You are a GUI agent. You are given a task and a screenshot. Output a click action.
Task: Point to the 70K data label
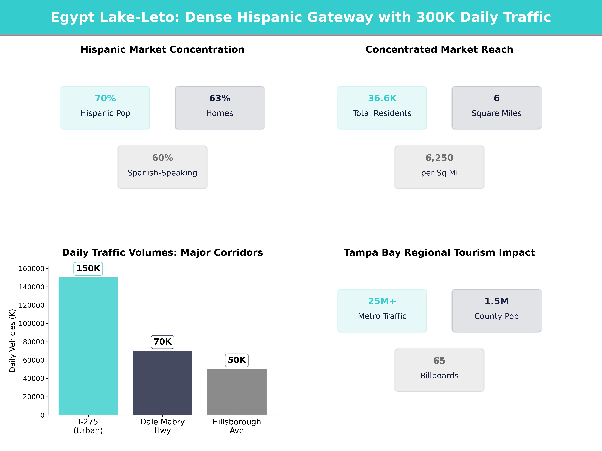(x=162, y=342)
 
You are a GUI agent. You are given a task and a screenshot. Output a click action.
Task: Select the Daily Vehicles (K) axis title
(x=12, y=340)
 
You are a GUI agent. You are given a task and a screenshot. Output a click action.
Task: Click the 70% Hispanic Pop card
(x=105, y=108)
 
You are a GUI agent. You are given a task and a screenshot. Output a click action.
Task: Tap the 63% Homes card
(x=220, y=108)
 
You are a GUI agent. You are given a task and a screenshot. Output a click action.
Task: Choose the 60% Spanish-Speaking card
(x=162, y=167)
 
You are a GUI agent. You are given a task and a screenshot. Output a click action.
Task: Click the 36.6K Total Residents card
(x=382, y=108)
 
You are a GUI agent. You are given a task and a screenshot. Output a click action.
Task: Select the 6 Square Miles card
(x=496, y=108)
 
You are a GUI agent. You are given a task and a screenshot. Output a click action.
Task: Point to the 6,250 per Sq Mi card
(x=439, y=167)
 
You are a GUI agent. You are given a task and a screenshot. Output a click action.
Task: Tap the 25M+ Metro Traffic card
(x=382, y=310)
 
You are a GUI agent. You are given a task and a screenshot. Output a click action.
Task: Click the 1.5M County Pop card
(x=496, y=310)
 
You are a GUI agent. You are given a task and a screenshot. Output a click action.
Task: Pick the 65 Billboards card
(x=439, y=370)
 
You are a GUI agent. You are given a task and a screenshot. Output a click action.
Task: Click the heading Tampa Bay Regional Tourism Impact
(x=439, y=253)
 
